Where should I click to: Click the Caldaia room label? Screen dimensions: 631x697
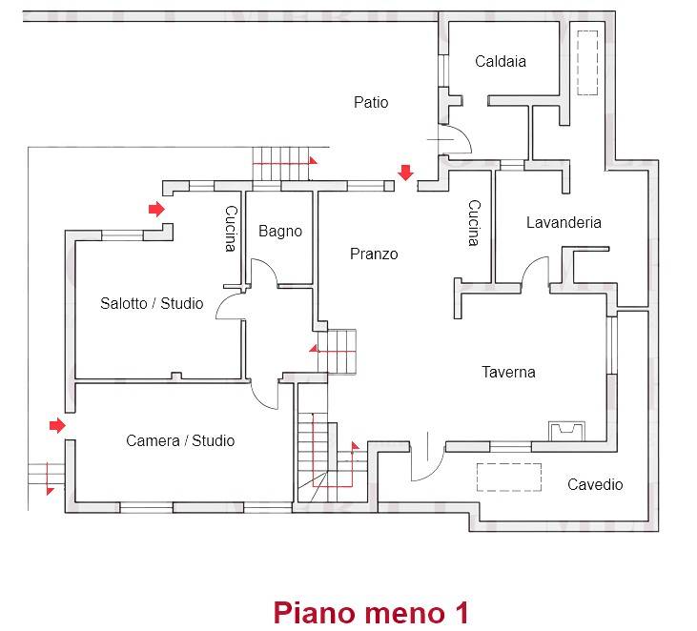(x=501, y=62)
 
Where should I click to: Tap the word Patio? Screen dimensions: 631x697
(x=371, y=102)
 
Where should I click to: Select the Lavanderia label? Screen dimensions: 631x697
(x=564, y=222)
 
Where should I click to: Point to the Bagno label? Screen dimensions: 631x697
(x=280, y=231)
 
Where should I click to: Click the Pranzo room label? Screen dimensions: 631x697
(x=374, y=254)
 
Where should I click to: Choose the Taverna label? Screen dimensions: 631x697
(x=508, y=372)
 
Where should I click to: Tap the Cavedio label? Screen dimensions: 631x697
(x=595, y=484)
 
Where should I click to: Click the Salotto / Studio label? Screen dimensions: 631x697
(x=152, y=303)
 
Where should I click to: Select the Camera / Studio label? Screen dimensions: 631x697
(x=180, y=440)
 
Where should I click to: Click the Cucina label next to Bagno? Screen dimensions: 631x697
(x=230, y=229)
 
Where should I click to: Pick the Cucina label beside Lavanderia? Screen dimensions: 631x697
(x=473, y=223)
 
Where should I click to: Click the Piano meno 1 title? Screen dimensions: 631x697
(x=371, y=611)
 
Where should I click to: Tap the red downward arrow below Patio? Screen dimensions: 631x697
(x=405, y=173)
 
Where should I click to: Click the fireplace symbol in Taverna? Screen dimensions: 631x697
(x=566, y=431)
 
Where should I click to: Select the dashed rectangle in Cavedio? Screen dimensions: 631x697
(x=508, y=477)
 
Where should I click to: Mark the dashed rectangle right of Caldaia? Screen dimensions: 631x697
(x=585, y=63)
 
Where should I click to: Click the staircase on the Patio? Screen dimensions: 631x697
(x=283, y=163)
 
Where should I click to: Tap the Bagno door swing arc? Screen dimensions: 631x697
(x=267, y=270)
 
